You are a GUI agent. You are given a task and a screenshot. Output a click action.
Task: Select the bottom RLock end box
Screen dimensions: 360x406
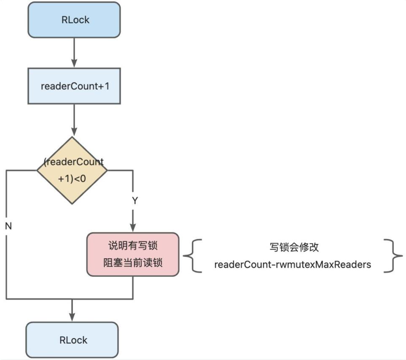72,340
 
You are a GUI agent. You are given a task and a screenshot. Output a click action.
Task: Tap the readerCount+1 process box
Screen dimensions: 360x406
74,86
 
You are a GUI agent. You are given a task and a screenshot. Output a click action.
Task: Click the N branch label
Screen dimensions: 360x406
8,226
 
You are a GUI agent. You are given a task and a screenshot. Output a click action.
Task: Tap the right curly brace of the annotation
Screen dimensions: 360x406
394,255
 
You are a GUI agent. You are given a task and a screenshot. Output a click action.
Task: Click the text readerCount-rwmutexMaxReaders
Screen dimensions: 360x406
293,265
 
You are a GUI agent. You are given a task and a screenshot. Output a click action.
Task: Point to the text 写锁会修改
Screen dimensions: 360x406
293,247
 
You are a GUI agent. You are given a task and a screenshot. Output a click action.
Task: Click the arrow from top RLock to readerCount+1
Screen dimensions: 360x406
74,53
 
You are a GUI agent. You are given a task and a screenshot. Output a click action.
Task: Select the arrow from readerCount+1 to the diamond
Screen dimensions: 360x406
74,120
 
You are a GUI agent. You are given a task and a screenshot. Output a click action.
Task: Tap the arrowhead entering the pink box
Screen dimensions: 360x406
133,228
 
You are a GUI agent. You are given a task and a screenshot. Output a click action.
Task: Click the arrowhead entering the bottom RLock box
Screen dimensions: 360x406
72,318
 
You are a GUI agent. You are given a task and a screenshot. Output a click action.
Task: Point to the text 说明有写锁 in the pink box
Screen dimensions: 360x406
133,246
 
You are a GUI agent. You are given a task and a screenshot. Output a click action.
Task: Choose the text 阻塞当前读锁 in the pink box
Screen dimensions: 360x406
133,263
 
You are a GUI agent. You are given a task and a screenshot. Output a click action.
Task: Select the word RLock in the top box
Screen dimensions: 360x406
74,20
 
